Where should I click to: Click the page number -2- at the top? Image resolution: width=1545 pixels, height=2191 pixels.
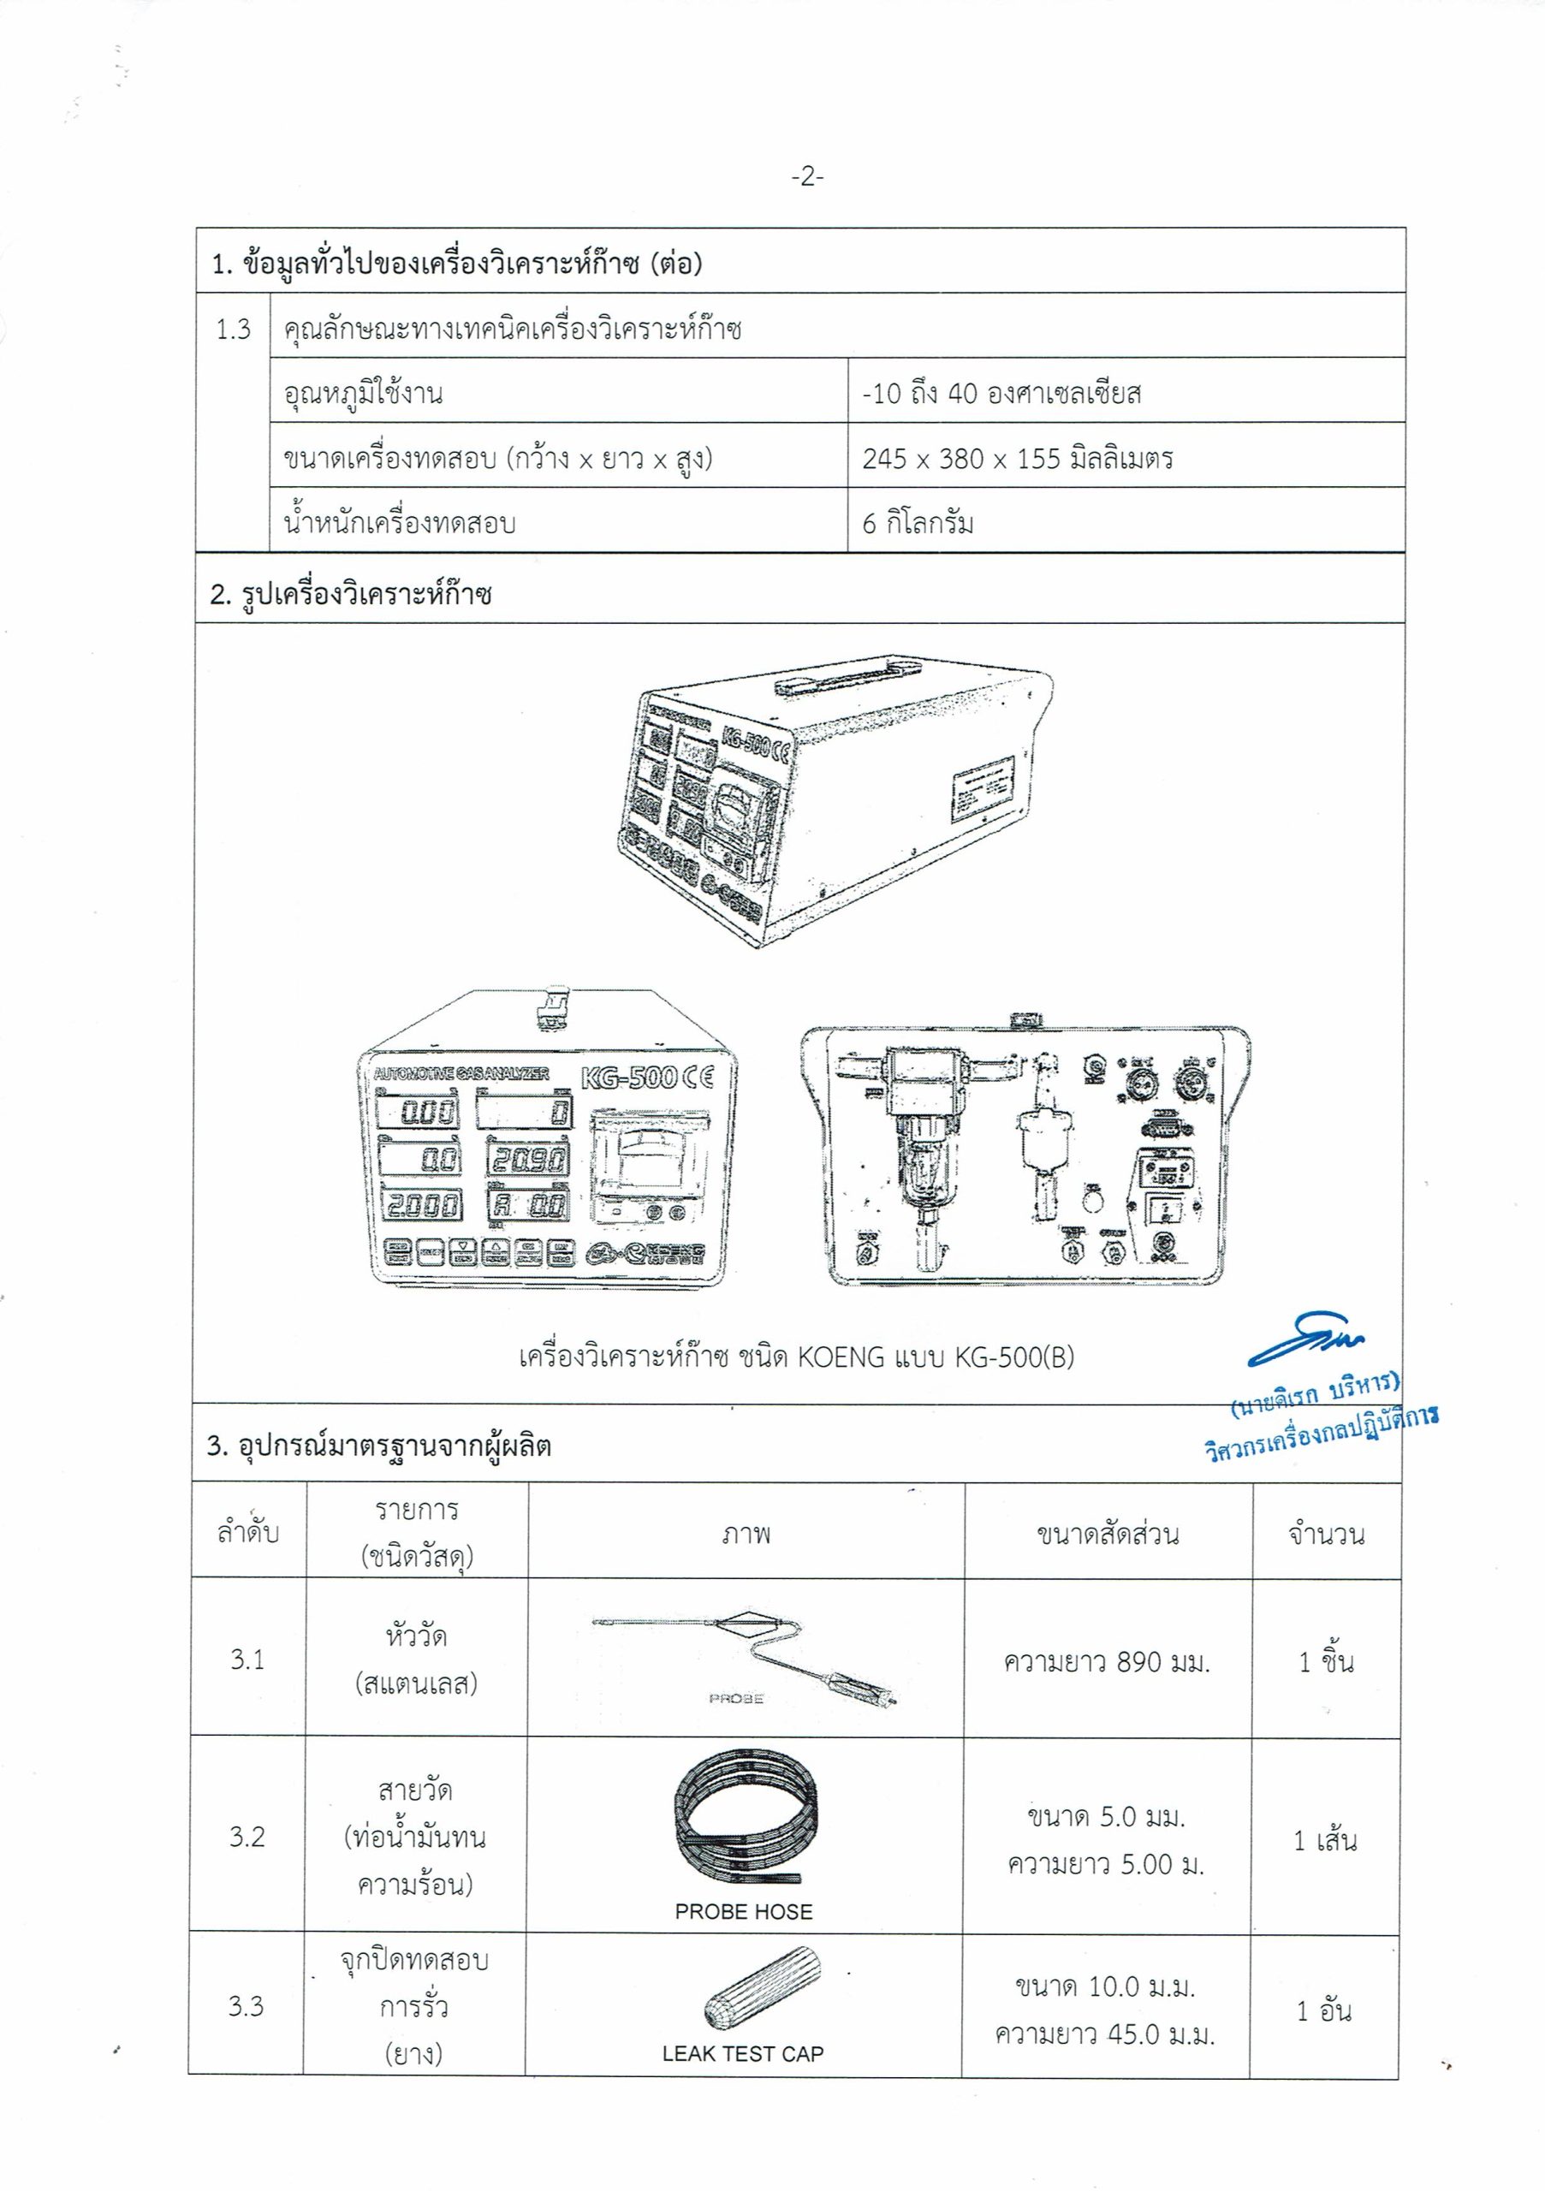pos(806,176)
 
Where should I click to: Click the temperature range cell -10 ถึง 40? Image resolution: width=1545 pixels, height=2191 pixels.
pos(1001,393)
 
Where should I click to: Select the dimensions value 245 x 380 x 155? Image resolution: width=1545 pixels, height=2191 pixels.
pos(1017,459)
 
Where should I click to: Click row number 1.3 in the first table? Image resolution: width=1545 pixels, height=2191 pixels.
pos(233,330)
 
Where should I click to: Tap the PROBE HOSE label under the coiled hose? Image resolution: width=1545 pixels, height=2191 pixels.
pos(743,1911)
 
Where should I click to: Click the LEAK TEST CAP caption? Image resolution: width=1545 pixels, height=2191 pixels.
pos(742,2053)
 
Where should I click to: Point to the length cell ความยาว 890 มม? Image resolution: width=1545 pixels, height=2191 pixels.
pos(1106,1662)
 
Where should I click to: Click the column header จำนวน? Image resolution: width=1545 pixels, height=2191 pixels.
pos(1326,1535)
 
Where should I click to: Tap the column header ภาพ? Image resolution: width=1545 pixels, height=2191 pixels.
pos(746,1535)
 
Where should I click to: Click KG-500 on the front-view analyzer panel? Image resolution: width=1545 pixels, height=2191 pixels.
pos(630,1078)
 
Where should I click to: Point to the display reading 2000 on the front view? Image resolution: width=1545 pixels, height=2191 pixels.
pos(421,1205)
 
